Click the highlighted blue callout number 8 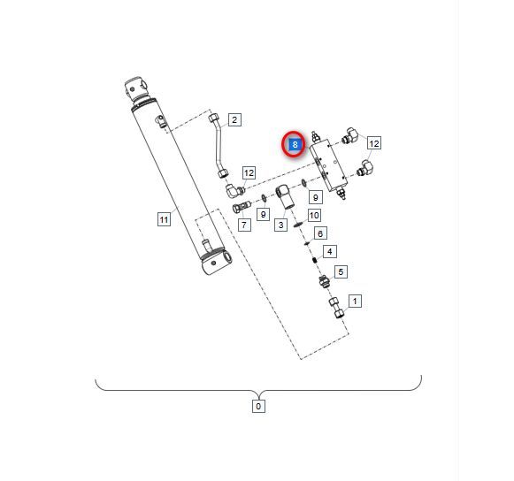pyautogui.click(x=295, y=144)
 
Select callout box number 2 pyautogui.click(x=234, y=120)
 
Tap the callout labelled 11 pyautogui.click(x=164, y=219)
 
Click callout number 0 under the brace pyautogui.click(x=258, y=407)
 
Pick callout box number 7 pyautogui.click(x=244, y=225)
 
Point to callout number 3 pyautogui.click(x=281, y=225)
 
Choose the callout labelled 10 pyautogui.click(x=314, y=215)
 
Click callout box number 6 pyautogui.click(x=320, y=233)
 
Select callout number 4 pyautogui.click(x=329, y=252)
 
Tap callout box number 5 pyautogui.click(x=341, y=272)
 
